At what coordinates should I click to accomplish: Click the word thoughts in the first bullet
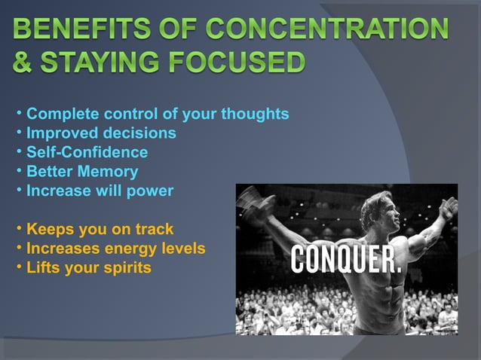click(x=254, y=114)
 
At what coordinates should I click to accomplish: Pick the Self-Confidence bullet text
click(x=87, y=152)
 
